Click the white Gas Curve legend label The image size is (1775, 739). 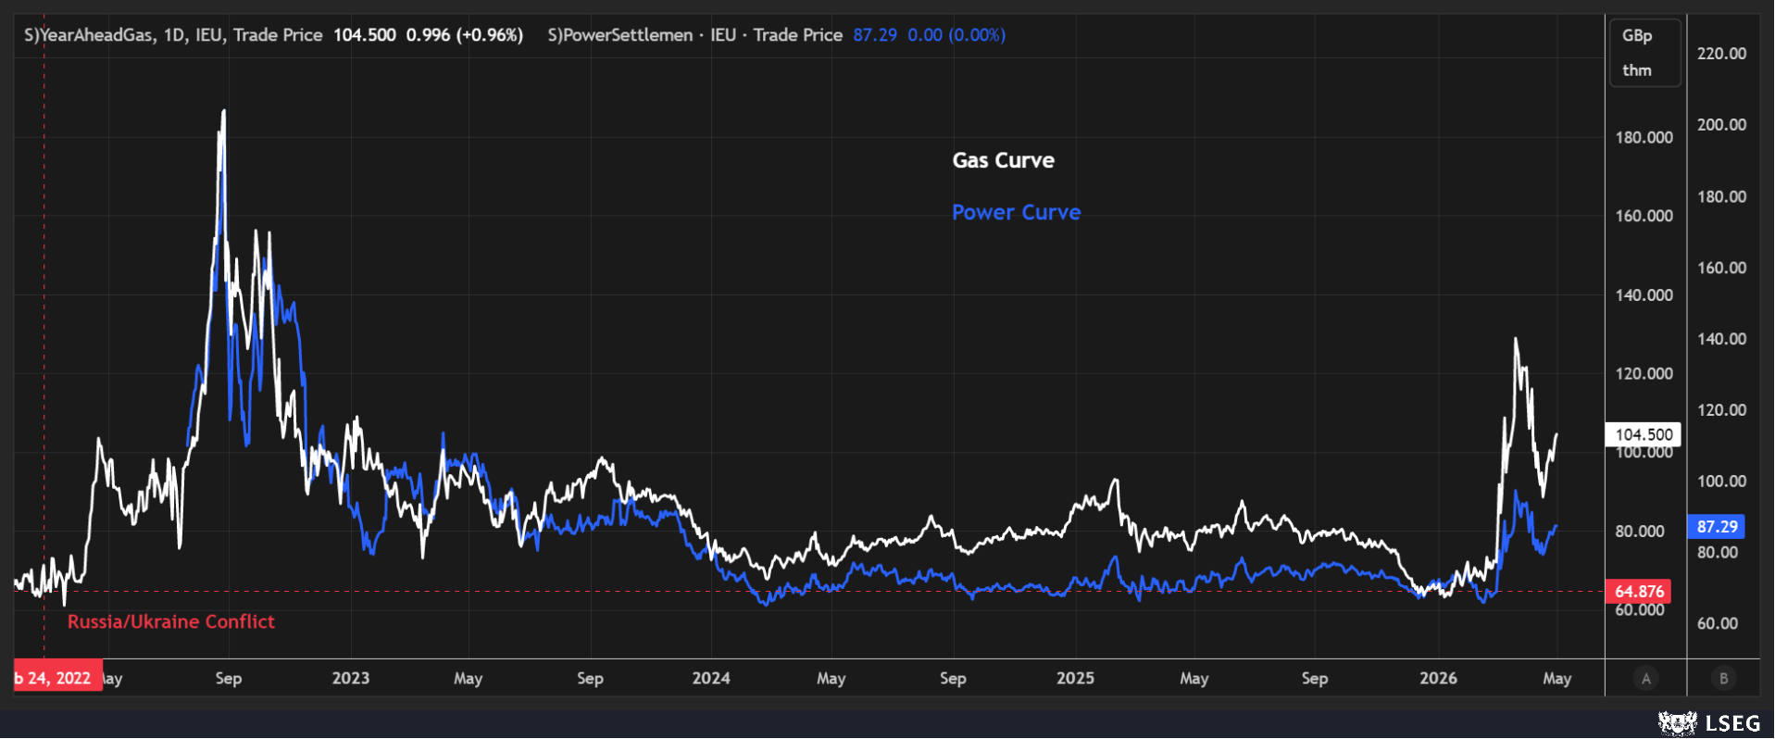pyautogui.click(x=1003, y=160)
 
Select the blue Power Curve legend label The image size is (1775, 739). pyautogui.click(x=1016, y=212)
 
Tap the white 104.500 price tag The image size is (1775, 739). pyautogui.click(x=1644, y=434)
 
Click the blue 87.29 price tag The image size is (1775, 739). pyautogui.click(x=1717, y=526)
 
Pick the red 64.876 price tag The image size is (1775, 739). pyautogui.click(x=1639, y=591)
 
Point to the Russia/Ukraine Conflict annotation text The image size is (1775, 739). pyautogui.click(x=171, y=621)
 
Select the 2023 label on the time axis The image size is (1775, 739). pyautogui.click(x=351, y=678)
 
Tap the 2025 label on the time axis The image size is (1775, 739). pyautogui.click(x=1075, y=678)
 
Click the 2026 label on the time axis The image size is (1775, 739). pyautogui.click(x=1438, y=678)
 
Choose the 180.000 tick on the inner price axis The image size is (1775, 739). pyautogui.click(x=1644, y=137)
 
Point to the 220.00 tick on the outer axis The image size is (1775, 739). pyautogui.click(x=1721, y=54)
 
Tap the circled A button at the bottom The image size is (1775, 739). pyautogui.click(x=1645, y=679)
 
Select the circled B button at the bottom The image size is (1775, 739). pyautogui.click(x=1723, y=679)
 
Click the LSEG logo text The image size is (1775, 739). pyautogui.click(x=1732, y=723)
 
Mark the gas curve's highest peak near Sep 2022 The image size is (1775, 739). pyautogui.click(x=223, y=111)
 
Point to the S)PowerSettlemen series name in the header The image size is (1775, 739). pyautogui.click(x=620, y=35)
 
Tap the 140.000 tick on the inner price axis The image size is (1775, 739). pyautogui.click(x=1644, y=294)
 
